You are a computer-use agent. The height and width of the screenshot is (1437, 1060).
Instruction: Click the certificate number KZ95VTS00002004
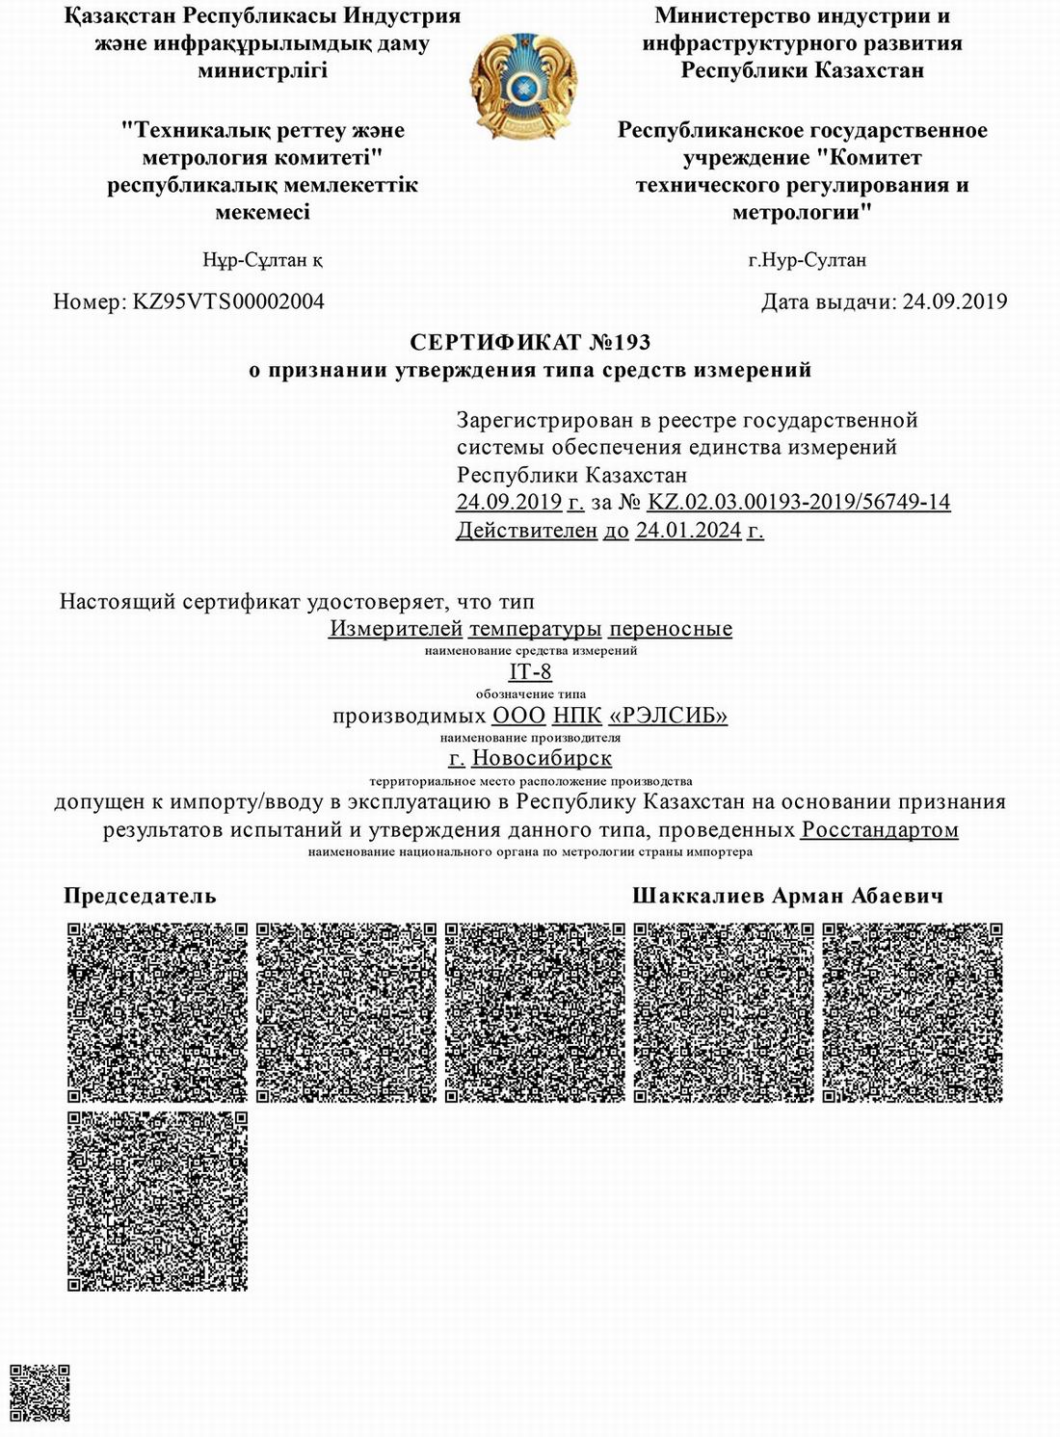tap(228, 301)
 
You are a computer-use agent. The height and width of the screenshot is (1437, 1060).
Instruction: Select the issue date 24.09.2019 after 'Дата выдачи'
tap(954, 301)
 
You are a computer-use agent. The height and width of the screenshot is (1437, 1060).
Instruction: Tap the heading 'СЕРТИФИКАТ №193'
tap(530, 342)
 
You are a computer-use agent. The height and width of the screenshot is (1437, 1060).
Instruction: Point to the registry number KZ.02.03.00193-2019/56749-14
tap(799, 502)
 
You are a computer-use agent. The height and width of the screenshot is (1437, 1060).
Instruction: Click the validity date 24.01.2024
tap(688, 530)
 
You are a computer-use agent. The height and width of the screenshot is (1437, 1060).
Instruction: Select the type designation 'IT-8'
tap(530, 672)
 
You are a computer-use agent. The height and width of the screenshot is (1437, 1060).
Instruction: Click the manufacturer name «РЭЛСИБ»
tap(669, 716)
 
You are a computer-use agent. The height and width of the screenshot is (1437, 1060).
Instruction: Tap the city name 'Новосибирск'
tap(542, 759)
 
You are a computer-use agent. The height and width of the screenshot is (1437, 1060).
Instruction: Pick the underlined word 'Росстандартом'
tap(880, 830)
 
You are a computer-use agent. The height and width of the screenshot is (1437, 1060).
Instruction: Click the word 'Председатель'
tap(140, 896)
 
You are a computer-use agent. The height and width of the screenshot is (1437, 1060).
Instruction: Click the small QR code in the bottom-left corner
tap(40, 1393)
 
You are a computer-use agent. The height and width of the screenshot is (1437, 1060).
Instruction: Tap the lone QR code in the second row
tap(157, 1201)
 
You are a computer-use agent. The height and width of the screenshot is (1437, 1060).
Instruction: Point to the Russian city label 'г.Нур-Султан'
tap(808, 260)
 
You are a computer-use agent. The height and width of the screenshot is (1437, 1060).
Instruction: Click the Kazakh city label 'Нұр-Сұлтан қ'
tap(262, 260)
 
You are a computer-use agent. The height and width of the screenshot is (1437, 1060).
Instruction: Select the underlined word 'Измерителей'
tap(396, 629)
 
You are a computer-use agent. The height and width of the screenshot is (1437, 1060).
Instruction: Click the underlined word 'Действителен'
tap(526, 530)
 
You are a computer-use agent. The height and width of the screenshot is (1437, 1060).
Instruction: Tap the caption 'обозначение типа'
tap(530, 693)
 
